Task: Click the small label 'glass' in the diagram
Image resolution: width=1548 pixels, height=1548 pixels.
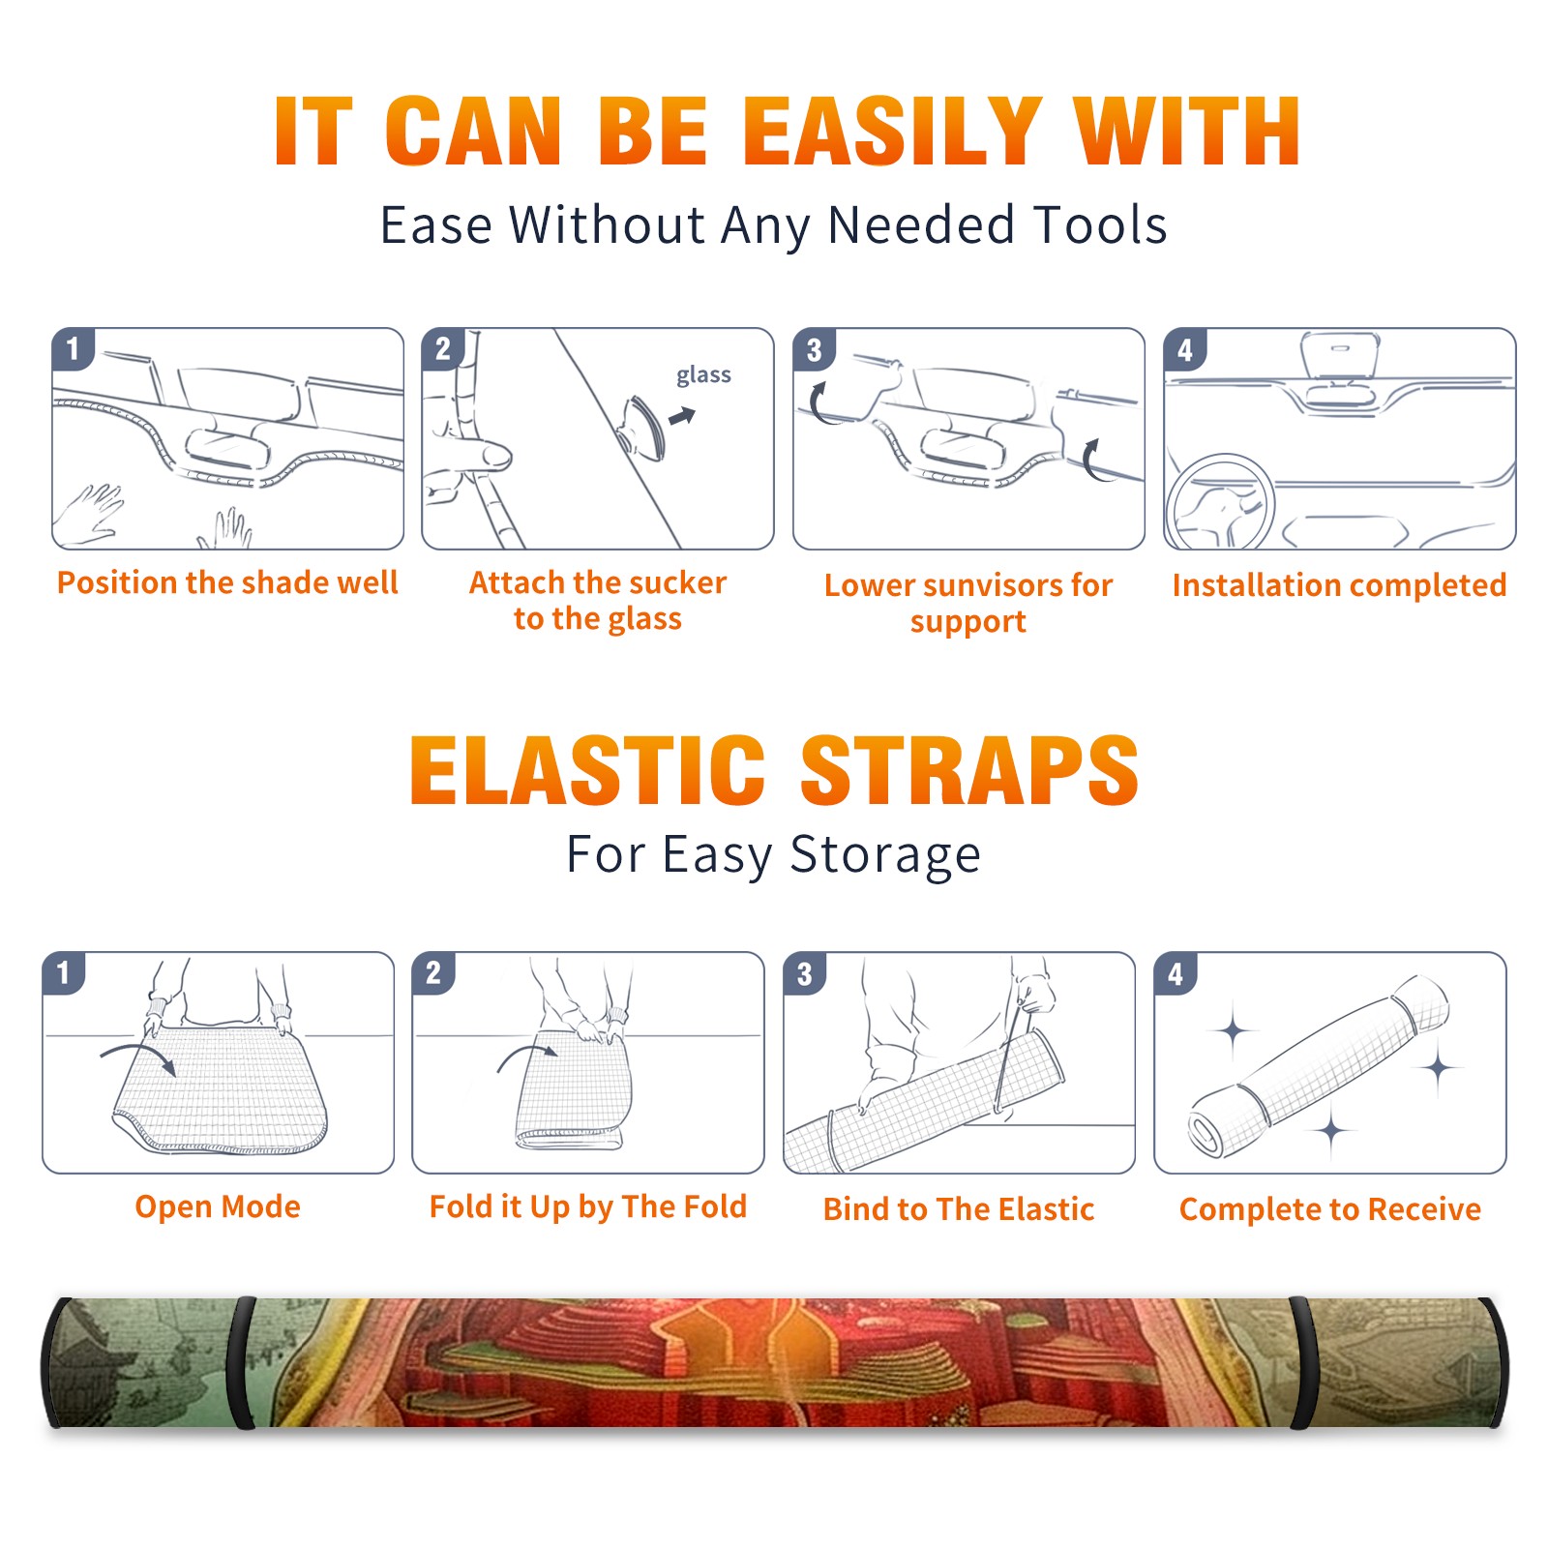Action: coord(703,375)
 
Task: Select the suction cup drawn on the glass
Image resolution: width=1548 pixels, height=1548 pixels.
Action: coord(640,426)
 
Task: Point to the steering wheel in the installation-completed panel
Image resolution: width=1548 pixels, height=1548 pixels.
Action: coord(1219,503)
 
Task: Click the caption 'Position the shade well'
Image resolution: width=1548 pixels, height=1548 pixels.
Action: coord(227,582)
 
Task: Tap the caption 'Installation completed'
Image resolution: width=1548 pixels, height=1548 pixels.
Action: coord(1339,585)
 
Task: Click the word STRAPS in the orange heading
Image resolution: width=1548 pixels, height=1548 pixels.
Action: coord(969,770)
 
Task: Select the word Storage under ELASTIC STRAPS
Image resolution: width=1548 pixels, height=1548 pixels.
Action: coord(885,855)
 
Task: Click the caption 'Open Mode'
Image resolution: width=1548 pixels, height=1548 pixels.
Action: coord(218,1206)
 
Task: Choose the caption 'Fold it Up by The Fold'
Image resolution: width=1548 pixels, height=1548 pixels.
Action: coord(588,1206)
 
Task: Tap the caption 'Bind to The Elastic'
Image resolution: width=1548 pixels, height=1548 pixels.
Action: coord(959,1209)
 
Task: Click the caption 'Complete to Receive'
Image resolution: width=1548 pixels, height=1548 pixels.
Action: coord(1330,1209)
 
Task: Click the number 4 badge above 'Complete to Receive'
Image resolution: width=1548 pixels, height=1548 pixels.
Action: coord(1176,973)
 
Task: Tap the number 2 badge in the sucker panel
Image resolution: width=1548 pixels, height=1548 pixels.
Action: coord(443,348)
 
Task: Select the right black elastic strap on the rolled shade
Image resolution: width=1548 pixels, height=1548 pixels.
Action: coord(1302,1363)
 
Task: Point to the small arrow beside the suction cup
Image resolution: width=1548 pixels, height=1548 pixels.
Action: coord(683,416)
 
